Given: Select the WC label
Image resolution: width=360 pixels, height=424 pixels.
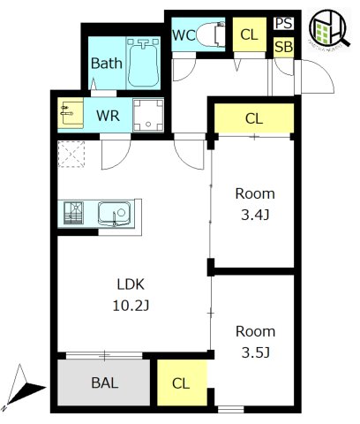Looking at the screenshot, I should click(184, 35).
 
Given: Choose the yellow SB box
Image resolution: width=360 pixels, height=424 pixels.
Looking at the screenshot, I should click(283, 45).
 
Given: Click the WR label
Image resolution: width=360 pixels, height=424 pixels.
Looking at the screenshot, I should click(109, 114).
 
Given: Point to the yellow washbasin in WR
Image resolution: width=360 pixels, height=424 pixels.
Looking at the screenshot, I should click(70, 113).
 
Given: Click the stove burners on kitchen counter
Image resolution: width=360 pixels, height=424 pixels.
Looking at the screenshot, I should click(73, 213).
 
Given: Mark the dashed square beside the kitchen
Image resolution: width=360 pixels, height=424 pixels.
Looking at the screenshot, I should click(70, 154).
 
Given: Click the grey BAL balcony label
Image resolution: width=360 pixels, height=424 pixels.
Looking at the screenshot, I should click(104, 384).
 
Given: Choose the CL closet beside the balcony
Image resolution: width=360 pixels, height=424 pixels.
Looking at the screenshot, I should click(181, 383).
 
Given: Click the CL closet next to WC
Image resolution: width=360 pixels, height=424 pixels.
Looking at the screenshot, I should click(249, 35).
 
